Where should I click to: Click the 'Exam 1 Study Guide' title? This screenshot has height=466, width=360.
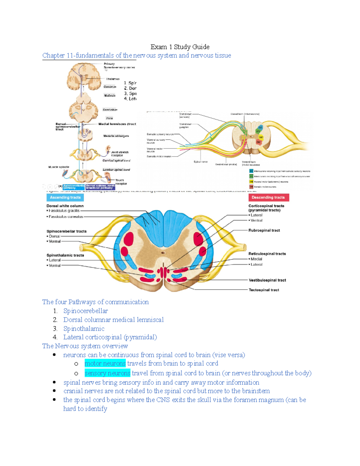click(180, 47)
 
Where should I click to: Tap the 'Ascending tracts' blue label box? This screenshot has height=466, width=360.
click(65, 197)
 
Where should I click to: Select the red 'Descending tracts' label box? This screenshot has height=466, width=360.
click(268, 197)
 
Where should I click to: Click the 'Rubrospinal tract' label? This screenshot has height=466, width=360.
click(264, 230)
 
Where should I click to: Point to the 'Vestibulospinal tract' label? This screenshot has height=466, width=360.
click(267, 280)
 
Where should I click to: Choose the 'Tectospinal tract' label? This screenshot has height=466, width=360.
click(264, 290)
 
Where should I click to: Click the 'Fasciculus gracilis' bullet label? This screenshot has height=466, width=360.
click(64, 211)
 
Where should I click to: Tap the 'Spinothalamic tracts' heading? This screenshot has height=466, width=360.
click(65, 255)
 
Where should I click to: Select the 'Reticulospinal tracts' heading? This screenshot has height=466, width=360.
click(267, 254)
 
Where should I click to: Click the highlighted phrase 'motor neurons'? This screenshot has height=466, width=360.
click(105, 364)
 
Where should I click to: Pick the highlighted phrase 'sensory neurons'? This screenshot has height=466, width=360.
click(107, 373)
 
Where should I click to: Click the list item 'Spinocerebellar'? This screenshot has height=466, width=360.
click(85, 311)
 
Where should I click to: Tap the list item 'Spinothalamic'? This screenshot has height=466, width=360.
click(84, 329)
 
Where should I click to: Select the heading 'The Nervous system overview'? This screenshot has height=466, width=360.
click(85, 346)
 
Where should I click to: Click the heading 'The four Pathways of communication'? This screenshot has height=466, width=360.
click(95, 302)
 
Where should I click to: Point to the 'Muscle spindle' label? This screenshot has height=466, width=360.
click(59, 167)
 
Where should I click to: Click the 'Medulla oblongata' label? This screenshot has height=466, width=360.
click(116, 136)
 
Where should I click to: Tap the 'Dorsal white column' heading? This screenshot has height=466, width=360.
click(65, 206)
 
